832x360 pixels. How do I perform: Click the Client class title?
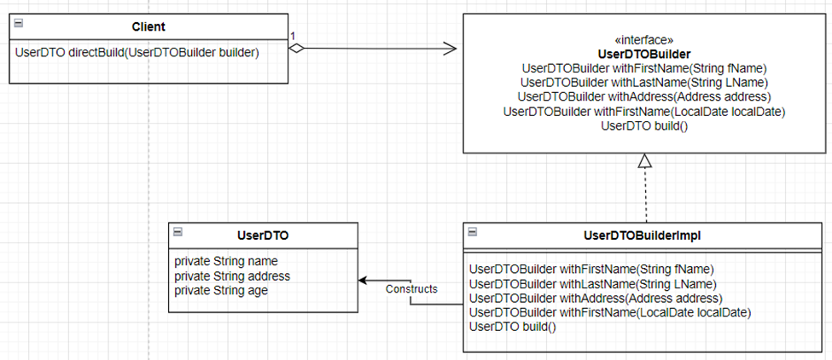[148, 26]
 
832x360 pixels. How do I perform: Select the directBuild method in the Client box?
[137, 53]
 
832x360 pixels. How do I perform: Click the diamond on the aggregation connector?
[296, 49]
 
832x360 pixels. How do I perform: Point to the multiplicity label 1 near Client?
[292, 37]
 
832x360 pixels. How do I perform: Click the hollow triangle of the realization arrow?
[644, 160]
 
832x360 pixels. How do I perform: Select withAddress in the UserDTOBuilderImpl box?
[596, 298]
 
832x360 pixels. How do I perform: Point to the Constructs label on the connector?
[411, 289]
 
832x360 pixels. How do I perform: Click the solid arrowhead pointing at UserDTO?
[363, 280]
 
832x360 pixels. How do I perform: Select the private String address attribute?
[232, 276]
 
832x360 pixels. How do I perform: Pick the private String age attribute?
[221, 290]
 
